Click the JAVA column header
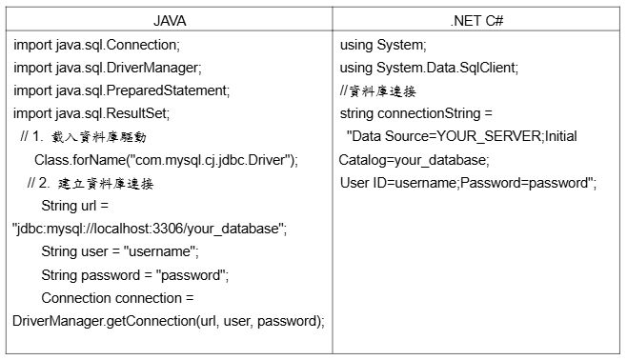click(170, 21)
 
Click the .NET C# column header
click(476, 21)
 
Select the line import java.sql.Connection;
click(97, 45)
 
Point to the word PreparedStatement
click(167, 90)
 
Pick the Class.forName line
click(166, 160)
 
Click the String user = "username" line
click(120, 251)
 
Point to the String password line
click(134, 275)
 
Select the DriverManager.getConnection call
click(169, 321)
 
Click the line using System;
click(383, 45)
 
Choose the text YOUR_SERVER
click(488, 136)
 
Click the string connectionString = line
click(415, 113)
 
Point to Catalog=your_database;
click(414, 160)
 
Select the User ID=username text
click(398, 183)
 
